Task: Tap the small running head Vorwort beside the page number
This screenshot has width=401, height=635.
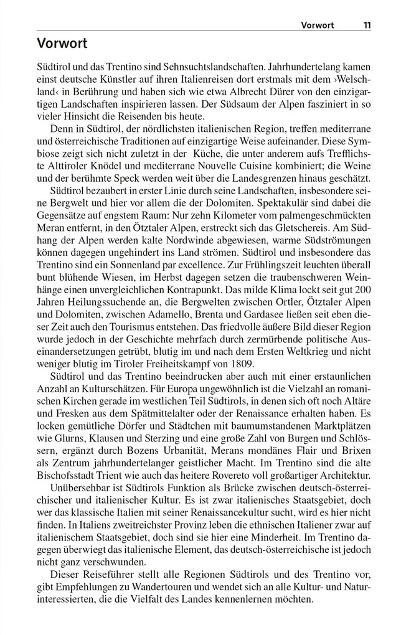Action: (x=317, y=26)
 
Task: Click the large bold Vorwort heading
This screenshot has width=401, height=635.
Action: (x=62, y=44)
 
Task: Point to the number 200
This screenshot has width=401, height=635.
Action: (x=364, y=291)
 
